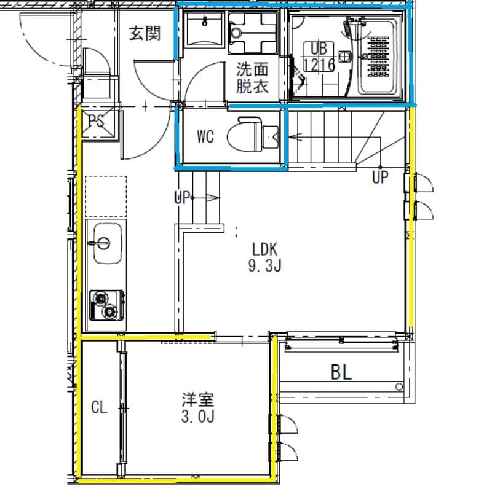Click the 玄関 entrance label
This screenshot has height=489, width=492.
[145, 33]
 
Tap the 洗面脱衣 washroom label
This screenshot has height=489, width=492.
[253, 77]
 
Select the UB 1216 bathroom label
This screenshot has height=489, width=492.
[319, 57]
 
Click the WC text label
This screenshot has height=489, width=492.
[205, 136]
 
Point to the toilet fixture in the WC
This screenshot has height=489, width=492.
[244, 135]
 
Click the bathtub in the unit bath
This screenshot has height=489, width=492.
[378, 56]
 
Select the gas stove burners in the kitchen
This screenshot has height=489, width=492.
[106, 305]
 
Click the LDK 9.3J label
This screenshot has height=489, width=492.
[266, 257]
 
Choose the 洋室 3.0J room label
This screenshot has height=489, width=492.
[197, 408]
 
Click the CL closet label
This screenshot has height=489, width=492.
[100, 407]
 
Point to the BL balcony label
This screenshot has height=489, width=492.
[341, 372]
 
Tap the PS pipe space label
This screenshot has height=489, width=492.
[97, 121]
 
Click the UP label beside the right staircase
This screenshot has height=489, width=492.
[380, 178]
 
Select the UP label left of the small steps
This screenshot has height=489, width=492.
[182, 198]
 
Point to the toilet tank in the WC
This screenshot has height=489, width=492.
[271, 135]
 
